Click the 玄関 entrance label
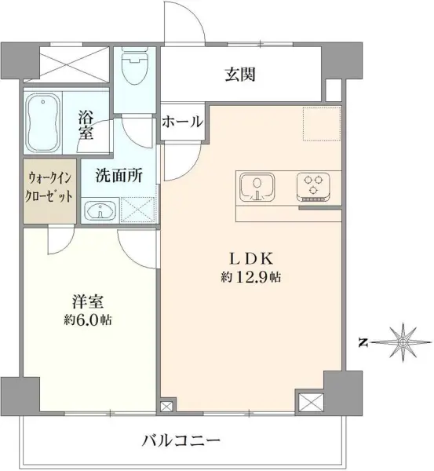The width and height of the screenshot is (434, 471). click(240, 75)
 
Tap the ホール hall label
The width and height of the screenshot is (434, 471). click(182, 122)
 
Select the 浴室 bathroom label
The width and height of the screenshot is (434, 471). click(86, 125)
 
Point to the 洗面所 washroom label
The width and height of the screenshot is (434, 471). click(119, 176)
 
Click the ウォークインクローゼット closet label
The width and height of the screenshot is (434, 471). click(49, 188)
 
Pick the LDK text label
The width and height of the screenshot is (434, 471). click(251, 258)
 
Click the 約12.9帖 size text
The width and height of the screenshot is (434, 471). click(251, 277)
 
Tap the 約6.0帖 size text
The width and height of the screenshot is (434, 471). click(88, 320)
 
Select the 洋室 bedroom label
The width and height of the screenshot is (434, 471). click(88, 302)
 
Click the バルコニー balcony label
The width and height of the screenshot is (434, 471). click(181, 441)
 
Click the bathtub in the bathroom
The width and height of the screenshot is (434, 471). click(42, 123)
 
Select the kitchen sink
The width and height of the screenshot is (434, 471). click(257, 187)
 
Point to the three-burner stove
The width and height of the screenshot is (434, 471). click(314, 187)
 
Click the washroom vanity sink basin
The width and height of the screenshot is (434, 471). click(100, 210)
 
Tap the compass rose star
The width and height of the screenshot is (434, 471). click(403, 342)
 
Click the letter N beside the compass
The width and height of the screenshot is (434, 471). click(363, 342)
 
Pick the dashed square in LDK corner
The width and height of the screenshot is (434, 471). click(322, 123)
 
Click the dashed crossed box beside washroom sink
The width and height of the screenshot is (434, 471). click(137, 210)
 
